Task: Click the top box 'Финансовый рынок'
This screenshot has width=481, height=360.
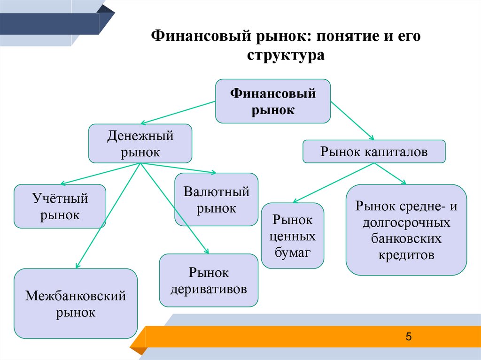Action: click(x=272, y=101)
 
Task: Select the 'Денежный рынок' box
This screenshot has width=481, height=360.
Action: click(x=140, y=144)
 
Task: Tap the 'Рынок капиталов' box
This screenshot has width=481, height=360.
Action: click(x=373, y=152)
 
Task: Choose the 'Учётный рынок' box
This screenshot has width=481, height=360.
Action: click(x=60, y=206)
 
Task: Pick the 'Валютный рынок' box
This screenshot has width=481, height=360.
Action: click(x=216, y=199)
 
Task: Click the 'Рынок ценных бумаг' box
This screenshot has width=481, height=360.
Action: click(x=292, y=236)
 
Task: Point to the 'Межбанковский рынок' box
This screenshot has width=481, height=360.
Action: click(x=75, y=304)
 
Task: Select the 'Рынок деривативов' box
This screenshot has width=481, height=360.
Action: click(x=209, y=280)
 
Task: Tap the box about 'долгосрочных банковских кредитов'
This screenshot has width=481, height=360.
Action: click(x=406, y=230)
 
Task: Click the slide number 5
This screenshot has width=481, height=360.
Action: click(x=408, y=337)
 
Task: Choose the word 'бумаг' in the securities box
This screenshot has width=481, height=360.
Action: click(x=292, y=253)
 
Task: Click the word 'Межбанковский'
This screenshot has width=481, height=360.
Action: click(x=75, y=296)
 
